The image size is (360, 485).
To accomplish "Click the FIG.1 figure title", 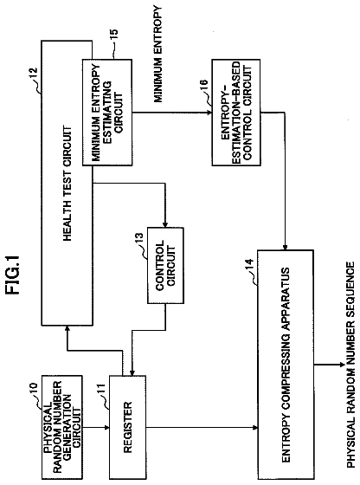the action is coord(14,274).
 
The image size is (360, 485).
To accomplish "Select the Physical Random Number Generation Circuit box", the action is coord(62,427).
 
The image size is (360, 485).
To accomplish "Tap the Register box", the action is coord(127,427).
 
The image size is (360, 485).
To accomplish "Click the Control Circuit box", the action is coord(165,265).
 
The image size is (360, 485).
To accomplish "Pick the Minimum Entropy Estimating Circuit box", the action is coord(107,113).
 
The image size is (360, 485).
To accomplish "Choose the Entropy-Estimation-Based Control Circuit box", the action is coord(236,113).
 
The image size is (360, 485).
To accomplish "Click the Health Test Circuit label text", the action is coord(67,183).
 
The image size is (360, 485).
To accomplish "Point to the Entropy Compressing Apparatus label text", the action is coord(286,365).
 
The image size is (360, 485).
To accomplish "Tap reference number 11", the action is coord(100,389).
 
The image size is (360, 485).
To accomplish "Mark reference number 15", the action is coord(113,35).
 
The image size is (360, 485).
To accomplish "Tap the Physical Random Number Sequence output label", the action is coord(350,365).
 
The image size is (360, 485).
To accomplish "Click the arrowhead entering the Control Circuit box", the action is coord(165,225).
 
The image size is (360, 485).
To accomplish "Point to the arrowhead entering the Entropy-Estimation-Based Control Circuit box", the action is coord(209,113).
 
